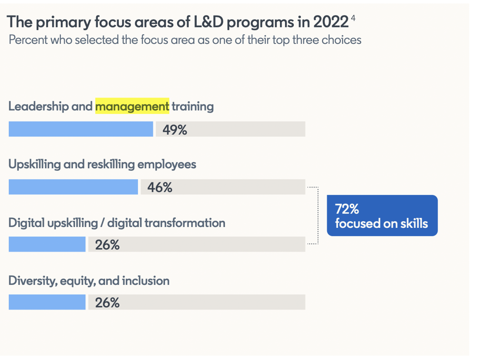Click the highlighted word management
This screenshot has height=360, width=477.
pyautogui.click(x=132, y=106)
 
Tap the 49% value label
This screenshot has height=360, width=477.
pyautogui.click(x=175, y=130)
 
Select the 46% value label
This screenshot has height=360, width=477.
pyautogui.click(x=160, y=187)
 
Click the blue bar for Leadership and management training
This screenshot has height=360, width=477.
pyautogui.click(x=81, y=129)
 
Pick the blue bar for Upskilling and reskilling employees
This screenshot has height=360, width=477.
pyautogui.click(x=73, y=187)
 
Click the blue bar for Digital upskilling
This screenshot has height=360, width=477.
pyautogui.click(x=47, y=244)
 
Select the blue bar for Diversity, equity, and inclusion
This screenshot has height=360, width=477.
pyautogui.click(x=47, y=302)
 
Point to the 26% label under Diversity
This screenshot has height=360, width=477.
pyautogui.click(x=107, y=303)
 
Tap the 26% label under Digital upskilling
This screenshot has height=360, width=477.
pyautogui.click(x=107, y=245)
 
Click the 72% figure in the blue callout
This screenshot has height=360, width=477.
pyautogui.click(x=347, y=209)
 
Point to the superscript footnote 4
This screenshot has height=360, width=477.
pyautogui.click(x=353, y=18)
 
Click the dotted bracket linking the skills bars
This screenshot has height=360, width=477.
pyautogui.click(x=318, y=216)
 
